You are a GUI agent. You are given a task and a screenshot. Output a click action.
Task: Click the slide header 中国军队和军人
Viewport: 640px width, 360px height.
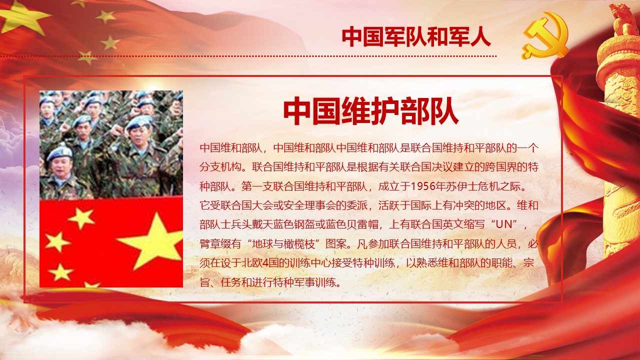pyautogui.click(x=416, y=37)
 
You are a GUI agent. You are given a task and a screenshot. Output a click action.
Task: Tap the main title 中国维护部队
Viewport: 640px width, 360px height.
pyautogui.click(x=371, y=111)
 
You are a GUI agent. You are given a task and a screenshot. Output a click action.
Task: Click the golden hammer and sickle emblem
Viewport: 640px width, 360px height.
pyautogui.click(x=545, y=35)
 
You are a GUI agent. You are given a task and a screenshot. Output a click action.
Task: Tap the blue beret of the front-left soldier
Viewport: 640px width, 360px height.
pyautogui.click(x=59, y=153)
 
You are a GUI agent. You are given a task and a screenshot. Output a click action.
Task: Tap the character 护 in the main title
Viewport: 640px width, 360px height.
pyautogui.click(x=384, y=111)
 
